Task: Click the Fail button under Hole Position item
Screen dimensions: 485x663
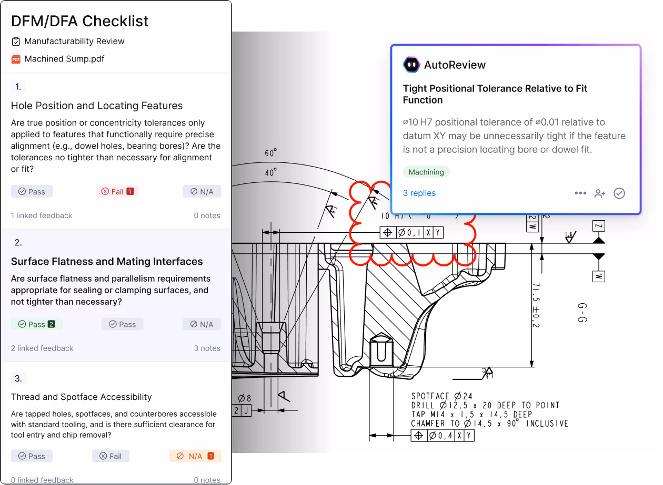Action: point(117,192)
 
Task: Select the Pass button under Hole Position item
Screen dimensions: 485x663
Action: point(32,192)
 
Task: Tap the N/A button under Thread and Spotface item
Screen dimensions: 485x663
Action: point(195,456)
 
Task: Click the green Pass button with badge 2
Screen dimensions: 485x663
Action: point(36,324)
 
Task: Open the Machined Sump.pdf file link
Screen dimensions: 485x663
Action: point(64,59)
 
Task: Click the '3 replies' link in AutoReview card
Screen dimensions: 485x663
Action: point(419,193)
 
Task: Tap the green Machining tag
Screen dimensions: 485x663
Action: point(426,172)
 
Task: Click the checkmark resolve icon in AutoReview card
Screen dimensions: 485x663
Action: point(619,193)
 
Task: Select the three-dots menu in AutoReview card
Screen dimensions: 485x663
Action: point(580,193)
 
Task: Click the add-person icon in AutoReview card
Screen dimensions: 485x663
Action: point(600,193)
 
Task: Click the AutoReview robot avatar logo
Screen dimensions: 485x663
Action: point(411,65)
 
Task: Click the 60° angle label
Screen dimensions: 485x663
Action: point(271,153)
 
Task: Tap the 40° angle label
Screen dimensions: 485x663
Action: point(271,172)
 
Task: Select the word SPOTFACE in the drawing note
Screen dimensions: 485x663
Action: point(430,396)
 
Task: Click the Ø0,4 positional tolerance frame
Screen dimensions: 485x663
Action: point(443,435)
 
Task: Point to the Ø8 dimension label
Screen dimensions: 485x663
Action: point(245,398)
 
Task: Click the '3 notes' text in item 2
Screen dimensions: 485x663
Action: point(207,348)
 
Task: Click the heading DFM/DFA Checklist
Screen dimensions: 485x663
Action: point(80,21)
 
